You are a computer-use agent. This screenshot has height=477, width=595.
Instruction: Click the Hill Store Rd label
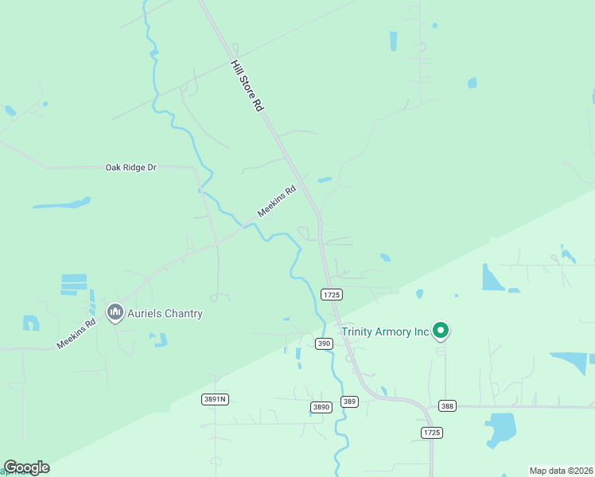pos(247,85)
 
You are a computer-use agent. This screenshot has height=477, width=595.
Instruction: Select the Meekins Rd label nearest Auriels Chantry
pos(76,333)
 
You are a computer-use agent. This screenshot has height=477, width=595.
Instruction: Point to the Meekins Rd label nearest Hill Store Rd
pos(277,202)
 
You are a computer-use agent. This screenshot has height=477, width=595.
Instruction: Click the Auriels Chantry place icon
pos(115,312)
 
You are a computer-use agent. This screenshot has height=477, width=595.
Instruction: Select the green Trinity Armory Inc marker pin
pos(441,329)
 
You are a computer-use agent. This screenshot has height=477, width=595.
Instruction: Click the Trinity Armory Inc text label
pos(385,332)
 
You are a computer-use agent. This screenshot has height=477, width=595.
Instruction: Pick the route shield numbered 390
pos(323,343)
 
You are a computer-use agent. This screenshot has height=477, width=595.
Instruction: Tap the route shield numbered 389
pos(349,401)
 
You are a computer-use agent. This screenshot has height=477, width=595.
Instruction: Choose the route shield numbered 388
pos(447,406)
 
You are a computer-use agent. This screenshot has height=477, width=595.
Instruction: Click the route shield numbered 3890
pos(321,407)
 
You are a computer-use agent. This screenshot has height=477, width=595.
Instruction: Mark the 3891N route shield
pos(215,399)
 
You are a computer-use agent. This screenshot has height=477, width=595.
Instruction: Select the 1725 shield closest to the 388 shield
pos(431,432)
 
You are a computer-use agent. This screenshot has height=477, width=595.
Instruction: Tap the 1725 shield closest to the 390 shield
pos(332,294)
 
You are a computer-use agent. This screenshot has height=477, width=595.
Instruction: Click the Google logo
pos(26,467)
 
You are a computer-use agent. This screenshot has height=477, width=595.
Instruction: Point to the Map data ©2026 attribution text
pos(560,471)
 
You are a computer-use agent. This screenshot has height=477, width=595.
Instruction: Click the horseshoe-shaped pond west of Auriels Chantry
pos(31,323)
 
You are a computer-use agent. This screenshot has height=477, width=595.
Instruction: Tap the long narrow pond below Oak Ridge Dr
pos(61,204)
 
